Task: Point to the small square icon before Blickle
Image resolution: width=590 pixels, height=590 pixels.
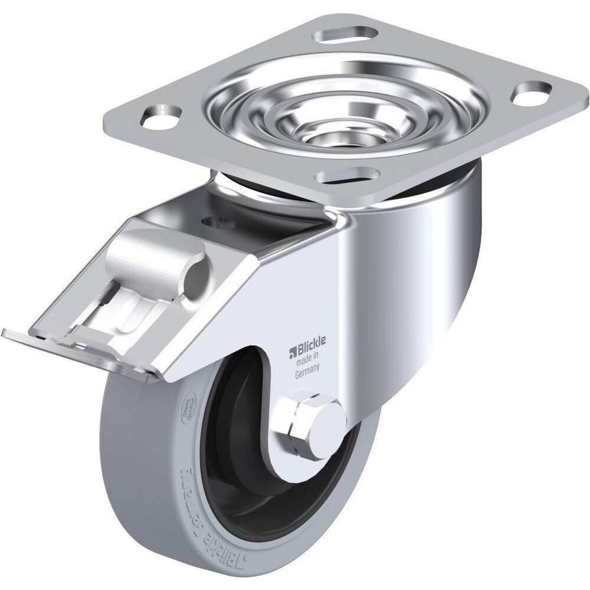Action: point(291,354)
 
